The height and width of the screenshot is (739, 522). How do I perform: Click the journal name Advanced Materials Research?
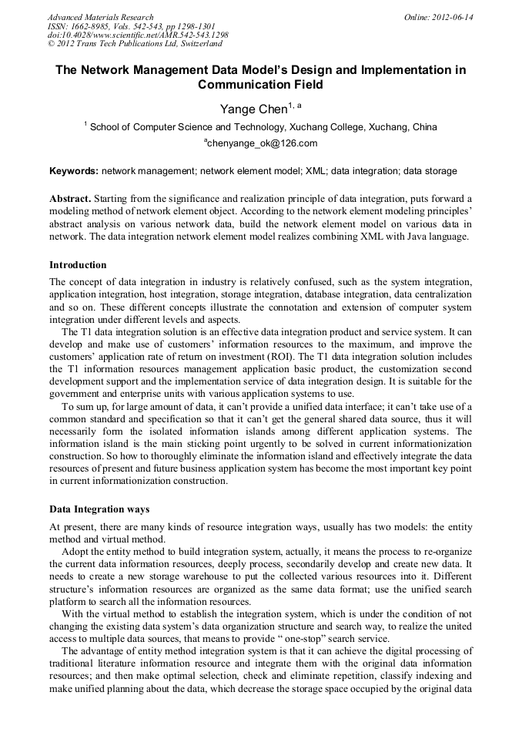click(100, 17)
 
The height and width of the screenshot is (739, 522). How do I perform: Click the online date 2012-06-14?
click(452, 17)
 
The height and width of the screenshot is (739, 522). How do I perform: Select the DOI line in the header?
click(138, 35)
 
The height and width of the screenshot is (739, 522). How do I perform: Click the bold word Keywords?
click(74, 171)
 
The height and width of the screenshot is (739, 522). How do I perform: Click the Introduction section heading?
click(78, 265)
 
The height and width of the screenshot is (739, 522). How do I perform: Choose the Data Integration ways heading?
click(99, 509)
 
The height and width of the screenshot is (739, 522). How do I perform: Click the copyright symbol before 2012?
click(51, 44)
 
